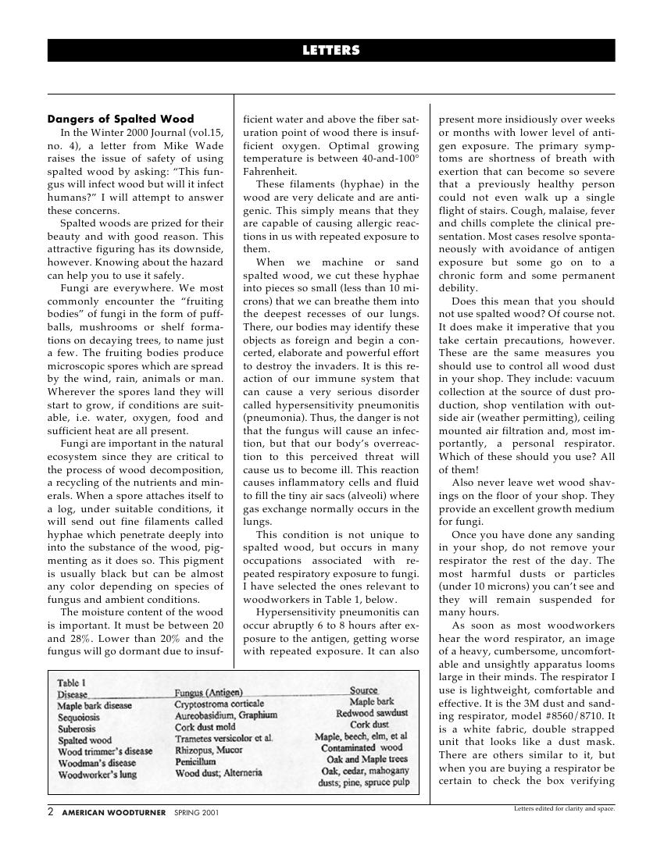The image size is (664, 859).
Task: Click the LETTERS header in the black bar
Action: coord(331,51)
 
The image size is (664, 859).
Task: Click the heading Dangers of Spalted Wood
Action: coord(120,119)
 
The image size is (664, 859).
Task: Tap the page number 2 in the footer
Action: coord(51,812)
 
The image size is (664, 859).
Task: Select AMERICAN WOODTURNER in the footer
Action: coord(113,813)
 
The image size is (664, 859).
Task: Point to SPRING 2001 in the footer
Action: coord(196,813)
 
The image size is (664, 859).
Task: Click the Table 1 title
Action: coord(72,683)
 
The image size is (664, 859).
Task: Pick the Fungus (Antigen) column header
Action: coord(209,693)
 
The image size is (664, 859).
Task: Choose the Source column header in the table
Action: coord(363,690)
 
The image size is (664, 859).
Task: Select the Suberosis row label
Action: coord(77,729)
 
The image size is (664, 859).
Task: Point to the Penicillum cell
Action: coord(195,761)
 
